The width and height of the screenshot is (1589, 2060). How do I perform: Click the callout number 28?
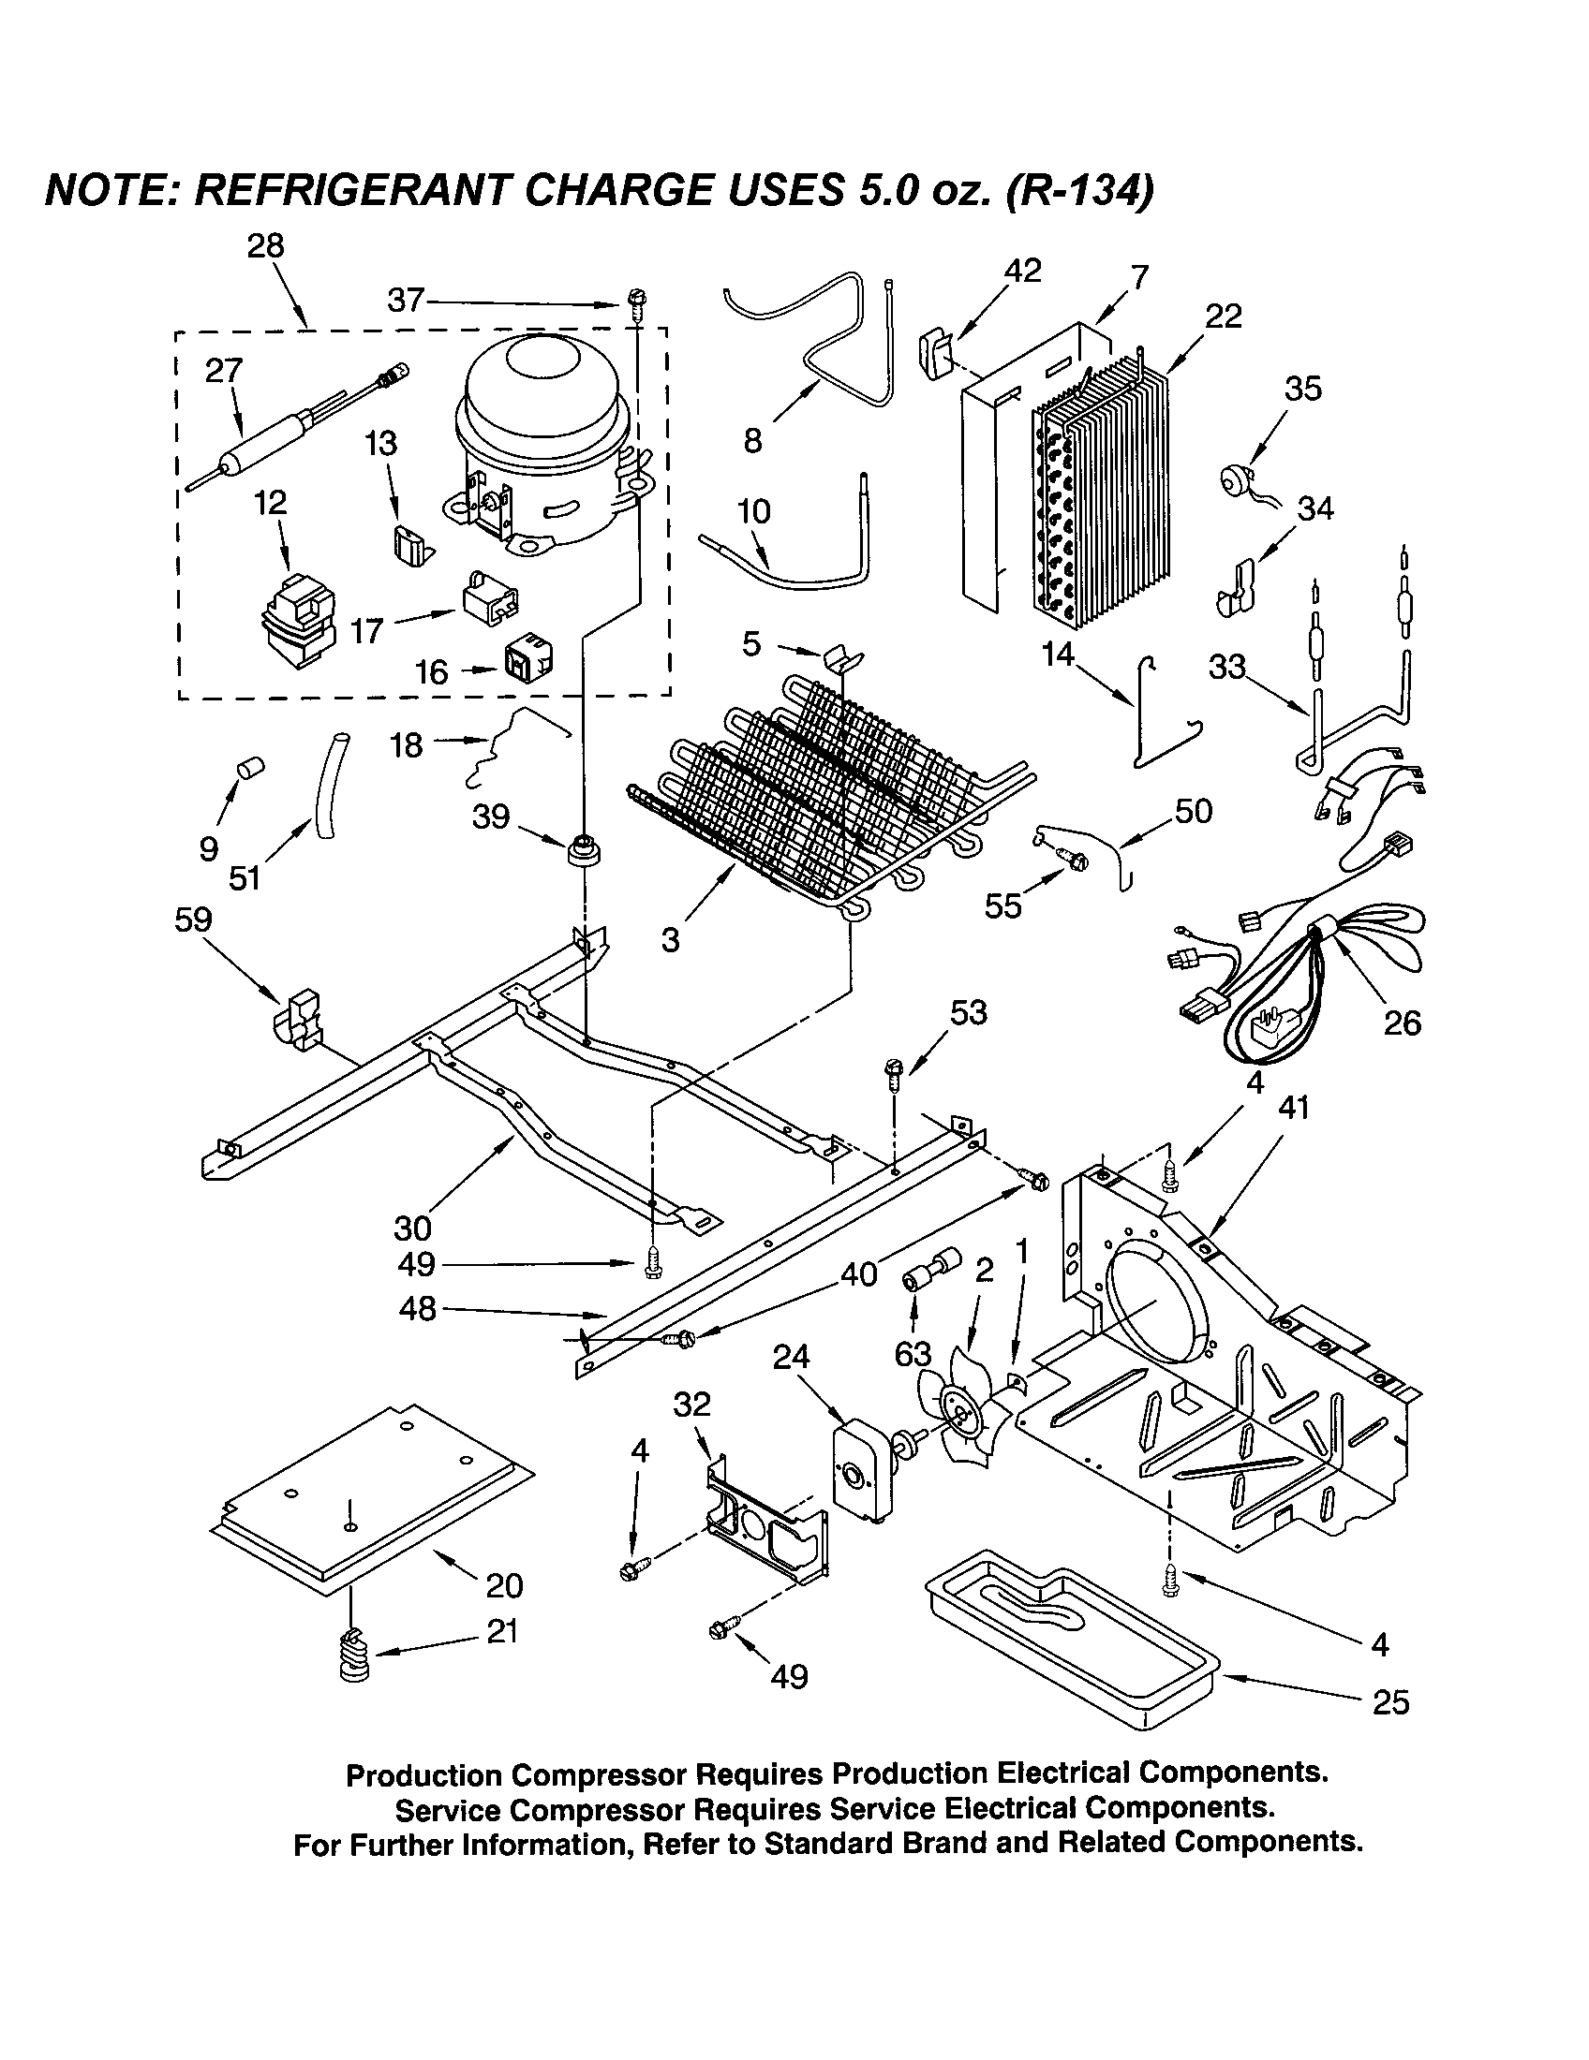265,246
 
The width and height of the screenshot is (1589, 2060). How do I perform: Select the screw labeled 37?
635,302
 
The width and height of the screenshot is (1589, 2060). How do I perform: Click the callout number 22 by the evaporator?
1224,316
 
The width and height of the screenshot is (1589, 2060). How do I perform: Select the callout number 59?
193,920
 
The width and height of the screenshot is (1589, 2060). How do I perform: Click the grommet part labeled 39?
585,847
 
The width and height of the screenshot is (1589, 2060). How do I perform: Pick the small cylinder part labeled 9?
250,768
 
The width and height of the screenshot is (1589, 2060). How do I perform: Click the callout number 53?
968,1012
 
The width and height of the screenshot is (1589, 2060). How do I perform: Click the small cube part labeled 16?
527,660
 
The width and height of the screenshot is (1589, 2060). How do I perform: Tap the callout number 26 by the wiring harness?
1403,1023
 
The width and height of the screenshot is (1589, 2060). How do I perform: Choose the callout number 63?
913,1355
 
